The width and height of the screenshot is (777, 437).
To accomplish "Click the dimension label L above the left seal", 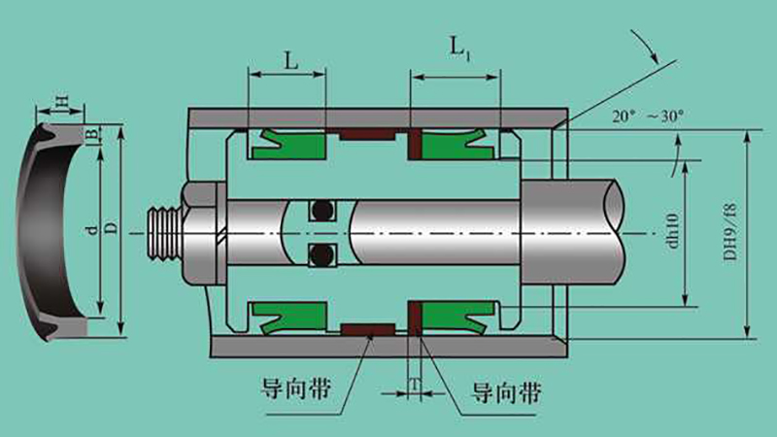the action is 291,60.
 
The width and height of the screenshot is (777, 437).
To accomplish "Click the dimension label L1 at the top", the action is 459,50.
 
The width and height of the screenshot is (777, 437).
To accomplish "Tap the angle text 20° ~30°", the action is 647,117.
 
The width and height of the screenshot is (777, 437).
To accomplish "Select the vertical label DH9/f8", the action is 730,232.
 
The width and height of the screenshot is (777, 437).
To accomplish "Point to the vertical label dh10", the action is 671,231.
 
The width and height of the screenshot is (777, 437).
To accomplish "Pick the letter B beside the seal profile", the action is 90,134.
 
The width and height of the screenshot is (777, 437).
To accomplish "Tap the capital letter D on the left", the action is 112,228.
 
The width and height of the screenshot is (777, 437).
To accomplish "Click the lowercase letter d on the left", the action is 91,230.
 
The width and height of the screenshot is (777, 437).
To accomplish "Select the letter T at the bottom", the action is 415,385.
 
